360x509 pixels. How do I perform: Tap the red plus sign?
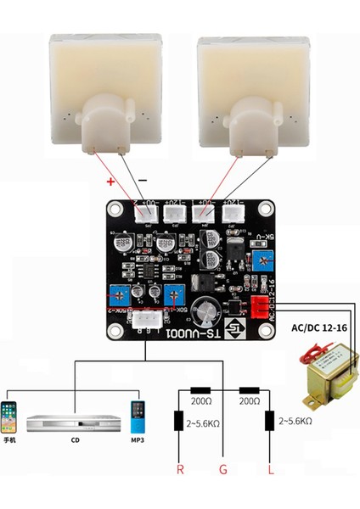coord(110,182)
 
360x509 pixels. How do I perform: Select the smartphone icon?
coord(11,415)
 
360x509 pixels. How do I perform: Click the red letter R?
coord(179,468)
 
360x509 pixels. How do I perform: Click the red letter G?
coord(223,468)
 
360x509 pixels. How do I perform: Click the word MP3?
coord(137,441)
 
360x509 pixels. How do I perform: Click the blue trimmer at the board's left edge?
coord(116,294)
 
